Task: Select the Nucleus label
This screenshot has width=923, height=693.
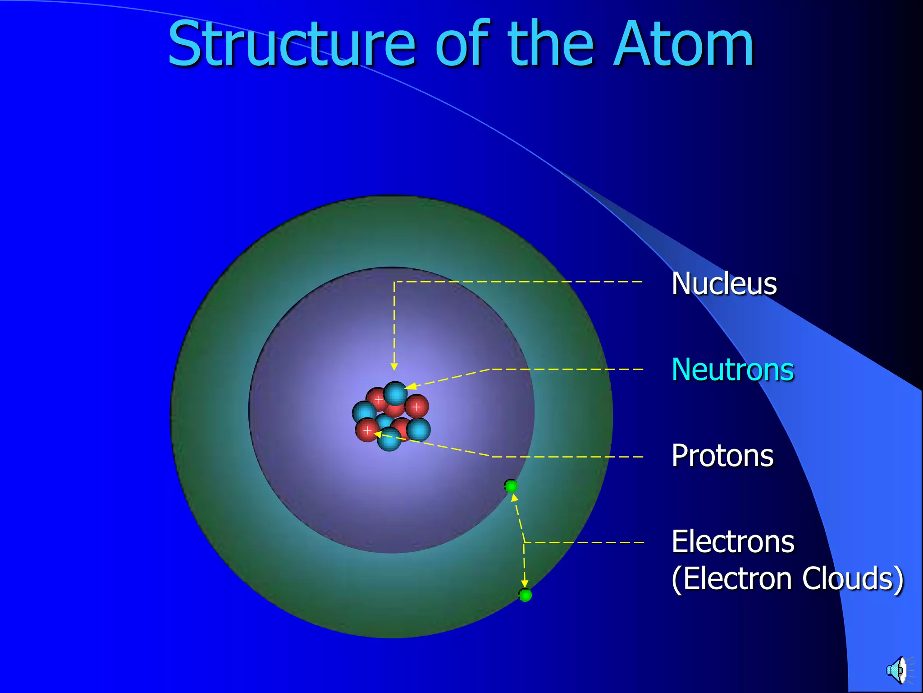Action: pyautogui.click(x=724, y=284)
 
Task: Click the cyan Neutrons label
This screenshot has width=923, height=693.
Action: pyautogui.click(x=732, y=370)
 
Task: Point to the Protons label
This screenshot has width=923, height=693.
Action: pyautogui.click(x=722, y=456)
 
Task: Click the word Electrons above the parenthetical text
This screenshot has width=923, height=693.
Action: pyautogui.click(x=732, y=541)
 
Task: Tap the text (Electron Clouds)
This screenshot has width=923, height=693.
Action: pyautogui.click(x=787, y=579)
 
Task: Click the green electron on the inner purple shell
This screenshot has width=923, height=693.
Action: pyautogui.click(x=511, y=486)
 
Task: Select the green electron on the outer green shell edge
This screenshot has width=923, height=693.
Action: pyautogui.click(x=525, y=595)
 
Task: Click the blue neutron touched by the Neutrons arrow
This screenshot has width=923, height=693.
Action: pyautogui.click(x=395, y=393)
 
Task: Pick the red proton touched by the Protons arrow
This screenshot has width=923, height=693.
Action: pyautogui.click(x=367, y=430)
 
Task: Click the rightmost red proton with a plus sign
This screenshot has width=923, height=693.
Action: pyautogui.click(x=416, y=407)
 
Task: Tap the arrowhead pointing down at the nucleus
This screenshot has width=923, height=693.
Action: pyautogui.click(x=394, y=367)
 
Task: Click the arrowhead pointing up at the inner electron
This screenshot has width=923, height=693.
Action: pyautogui.click(x=514, y=498)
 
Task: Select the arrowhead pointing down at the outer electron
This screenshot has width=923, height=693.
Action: pyautogui.click(x=525, y=584)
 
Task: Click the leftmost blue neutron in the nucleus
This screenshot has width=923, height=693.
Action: pyautogui.click(x=363, y=412)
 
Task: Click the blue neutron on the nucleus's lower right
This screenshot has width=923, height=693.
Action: pyautogui.click(x=419, y=430)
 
